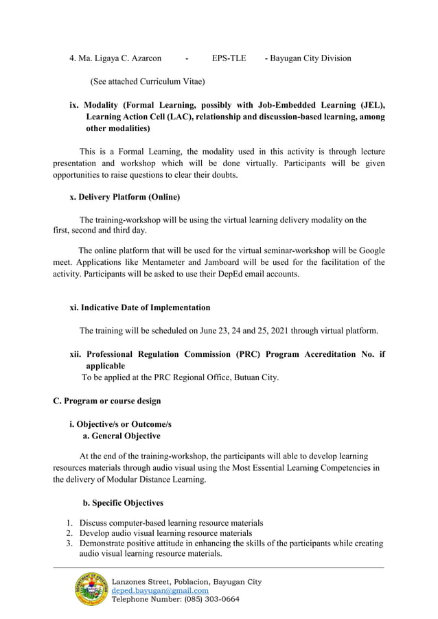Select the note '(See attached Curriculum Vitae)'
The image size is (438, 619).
(148, 82)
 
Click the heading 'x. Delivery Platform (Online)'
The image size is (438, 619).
(125, 198)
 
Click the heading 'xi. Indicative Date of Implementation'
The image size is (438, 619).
(140, 307)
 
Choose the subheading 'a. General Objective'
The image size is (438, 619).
(122, 436)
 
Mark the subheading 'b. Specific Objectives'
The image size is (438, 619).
(123, 503)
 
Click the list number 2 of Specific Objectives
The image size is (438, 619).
(69, 533)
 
